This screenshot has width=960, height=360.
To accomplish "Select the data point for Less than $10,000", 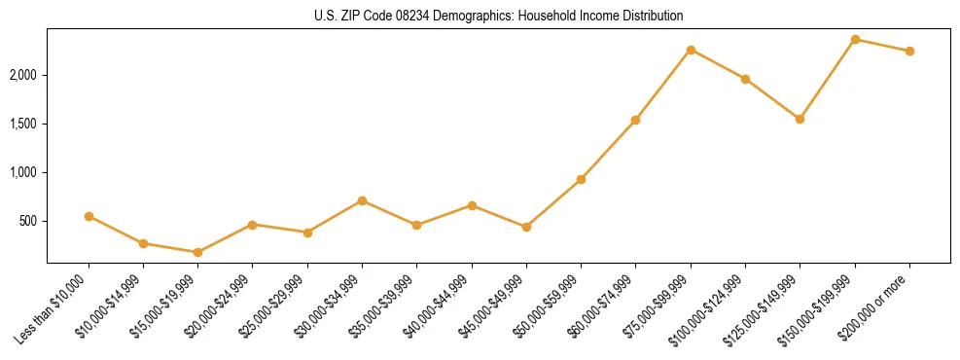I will [89, 216].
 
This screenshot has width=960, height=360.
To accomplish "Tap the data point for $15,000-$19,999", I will [197, 252].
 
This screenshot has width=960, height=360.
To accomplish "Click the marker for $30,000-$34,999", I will [362, 200].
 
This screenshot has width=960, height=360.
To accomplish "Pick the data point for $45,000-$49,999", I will [526, 227].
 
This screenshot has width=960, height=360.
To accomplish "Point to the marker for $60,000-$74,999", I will [635, 120].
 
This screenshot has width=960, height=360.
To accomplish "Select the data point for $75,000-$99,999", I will [691, 50].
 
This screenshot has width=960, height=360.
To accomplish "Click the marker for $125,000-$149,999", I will [800, 119].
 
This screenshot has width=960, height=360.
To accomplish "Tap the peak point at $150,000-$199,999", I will [855, 39].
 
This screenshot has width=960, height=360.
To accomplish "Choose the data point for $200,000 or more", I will [909, 51].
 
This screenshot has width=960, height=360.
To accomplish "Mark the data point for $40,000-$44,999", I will [472, 205].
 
